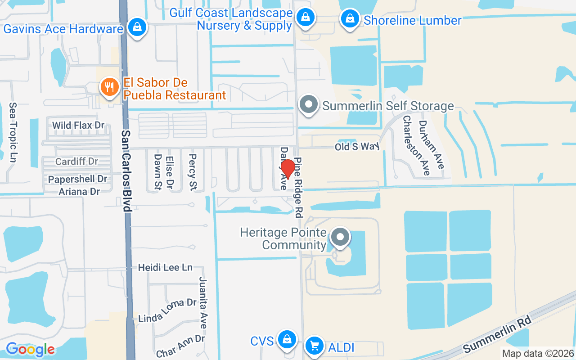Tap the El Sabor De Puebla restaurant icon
pos(109,86)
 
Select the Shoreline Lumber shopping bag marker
pos(349,19)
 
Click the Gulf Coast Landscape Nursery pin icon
pos(306,18)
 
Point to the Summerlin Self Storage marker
pos(309,104)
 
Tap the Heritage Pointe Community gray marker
pos(341,237)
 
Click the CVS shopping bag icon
pos(286,340)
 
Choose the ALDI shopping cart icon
pos(315,346)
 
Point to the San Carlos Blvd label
pos(127,171)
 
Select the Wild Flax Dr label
pos(78,125)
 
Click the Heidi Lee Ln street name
pos(165,267)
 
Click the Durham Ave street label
pos(431,144)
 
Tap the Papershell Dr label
pos(78,179)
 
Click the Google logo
pos(30,349)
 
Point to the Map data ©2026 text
pos(538,354)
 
